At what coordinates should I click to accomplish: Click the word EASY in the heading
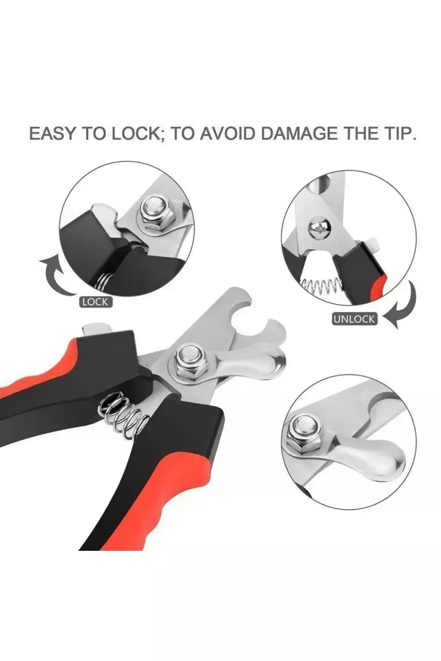click(x=52, y=134)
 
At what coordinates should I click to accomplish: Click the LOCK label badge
click(x=95, y=302)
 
